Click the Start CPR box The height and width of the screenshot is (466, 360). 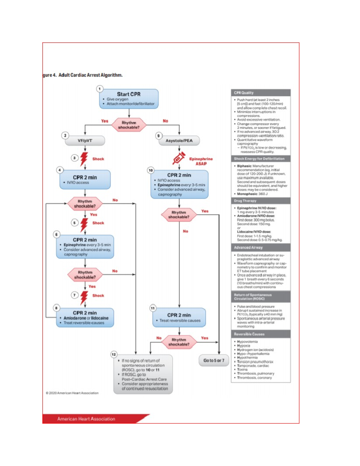[129, 98]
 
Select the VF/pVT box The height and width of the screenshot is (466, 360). [85, 140]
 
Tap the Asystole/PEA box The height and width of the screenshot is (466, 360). [179, 140]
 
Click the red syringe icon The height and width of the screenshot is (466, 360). [179, 158]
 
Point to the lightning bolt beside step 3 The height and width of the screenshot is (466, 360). [84, 159]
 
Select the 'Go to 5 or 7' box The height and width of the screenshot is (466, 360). [214, 360]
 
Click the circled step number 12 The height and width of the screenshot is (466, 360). [114, 354]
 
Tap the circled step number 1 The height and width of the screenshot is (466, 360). [100, 89]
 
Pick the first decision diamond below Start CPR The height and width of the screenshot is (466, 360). [129, 125]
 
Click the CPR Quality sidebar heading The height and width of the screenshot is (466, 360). [260, 93]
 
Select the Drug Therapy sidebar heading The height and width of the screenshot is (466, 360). [260, 200]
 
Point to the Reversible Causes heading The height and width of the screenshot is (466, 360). [260, 334]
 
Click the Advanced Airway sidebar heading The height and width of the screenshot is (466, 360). [260, 248]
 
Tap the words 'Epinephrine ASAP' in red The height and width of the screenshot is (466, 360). [201, 161]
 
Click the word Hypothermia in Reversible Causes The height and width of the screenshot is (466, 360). [247, 357]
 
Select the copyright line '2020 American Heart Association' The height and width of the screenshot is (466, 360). [72, 393]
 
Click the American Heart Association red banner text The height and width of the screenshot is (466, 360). [86, 419]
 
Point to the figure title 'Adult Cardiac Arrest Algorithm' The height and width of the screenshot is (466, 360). [90, 75]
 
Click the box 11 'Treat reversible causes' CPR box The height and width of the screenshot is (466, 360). [179, 317]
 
